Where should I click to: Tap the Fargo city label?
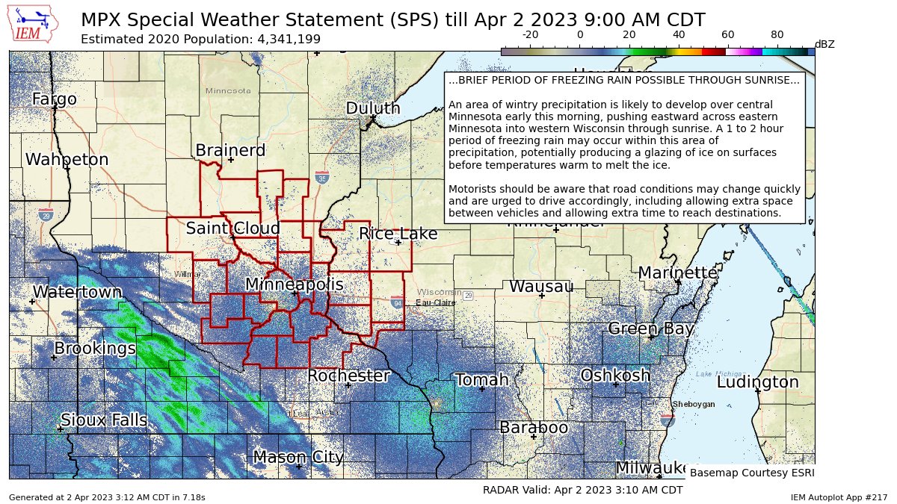point(54,99)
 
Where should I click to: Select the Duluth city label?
point(372,108)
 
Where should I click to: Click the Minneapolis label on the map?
point(294,284)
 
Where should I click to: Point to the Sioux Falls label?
point(103,420)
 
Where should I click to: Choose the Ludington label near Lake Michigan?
point(757,382)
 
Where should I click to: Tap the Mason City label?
point(298,457)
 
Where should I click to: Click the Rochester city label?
point(348,376)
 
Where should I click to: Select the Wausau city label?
point(541,287)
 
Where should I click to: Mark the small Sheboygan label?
point(694,404)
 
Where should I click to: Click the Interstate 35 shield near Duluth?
point(322,178)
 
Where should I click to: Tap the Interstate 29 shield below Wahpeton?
point(46,215)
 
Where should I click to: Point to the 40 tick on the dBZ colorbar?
point(679,34)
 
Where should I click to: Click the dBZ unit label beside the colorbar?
point(824,44)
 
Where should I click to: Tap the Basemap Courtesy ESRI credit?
point(751,473)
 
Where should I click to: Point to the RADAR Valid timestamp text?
point(582,491)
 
